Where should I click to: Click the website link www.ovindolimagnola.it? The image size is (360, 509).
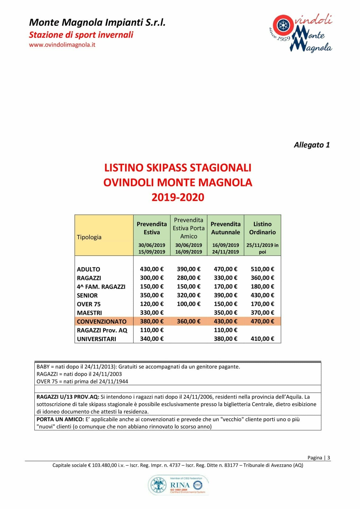pyautogui.click(x=62, y=45)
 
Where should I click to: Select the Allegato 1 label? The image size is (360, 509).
pyautogui.click(x=311, y=145)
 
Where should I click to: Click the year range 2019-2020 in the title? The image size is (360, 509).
pyautogui.click(x=178, y=197)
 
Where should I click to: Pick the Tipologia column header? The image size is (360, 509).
pyautogui.click(x=89, y=237)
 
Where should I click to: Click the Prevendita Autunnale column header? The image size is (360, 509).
pyautogui.click(x=225, y=228)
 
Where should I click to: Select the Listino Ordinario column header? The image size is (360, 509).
pyautogui.click(x=262, y=228)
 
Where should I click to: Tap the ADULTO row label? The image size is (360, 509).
pyautogui.click(x=89, y=269)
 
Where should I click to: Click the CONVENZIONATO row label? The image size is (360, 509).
pyautogui.click(x=102, y=322)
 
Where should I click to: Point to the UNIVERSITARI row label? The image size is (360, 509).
pyautogui.click(x=96, y=339)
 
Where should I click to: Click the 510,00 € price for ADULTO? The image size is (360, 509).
pyautogui.click(x=262, y=269)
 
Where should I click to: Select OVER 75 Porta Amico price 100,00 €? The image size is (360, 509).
pyautogui.click(x=188, y=304)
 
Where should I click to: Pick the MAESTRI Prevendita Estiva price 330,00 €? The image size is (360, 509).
pyautogui.click(x=152, y=313)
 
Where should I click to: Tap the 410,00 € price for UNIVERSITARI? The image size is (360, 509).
pyautogui.click(x=262, y=339)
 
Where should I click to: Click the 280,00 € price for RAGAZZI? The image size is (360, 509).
pyautogui.click(x=188, y=278)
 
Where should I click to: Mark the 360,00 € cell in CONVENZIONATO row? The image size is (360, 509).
pyautogui.click(x=188, y=321)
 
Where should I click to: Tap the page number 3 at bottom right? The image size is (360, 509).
pyautogui.click(x=329, y=458)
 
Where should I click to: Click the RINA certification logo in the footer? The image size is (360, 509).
pyautogui.click(x=178, y=485)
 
